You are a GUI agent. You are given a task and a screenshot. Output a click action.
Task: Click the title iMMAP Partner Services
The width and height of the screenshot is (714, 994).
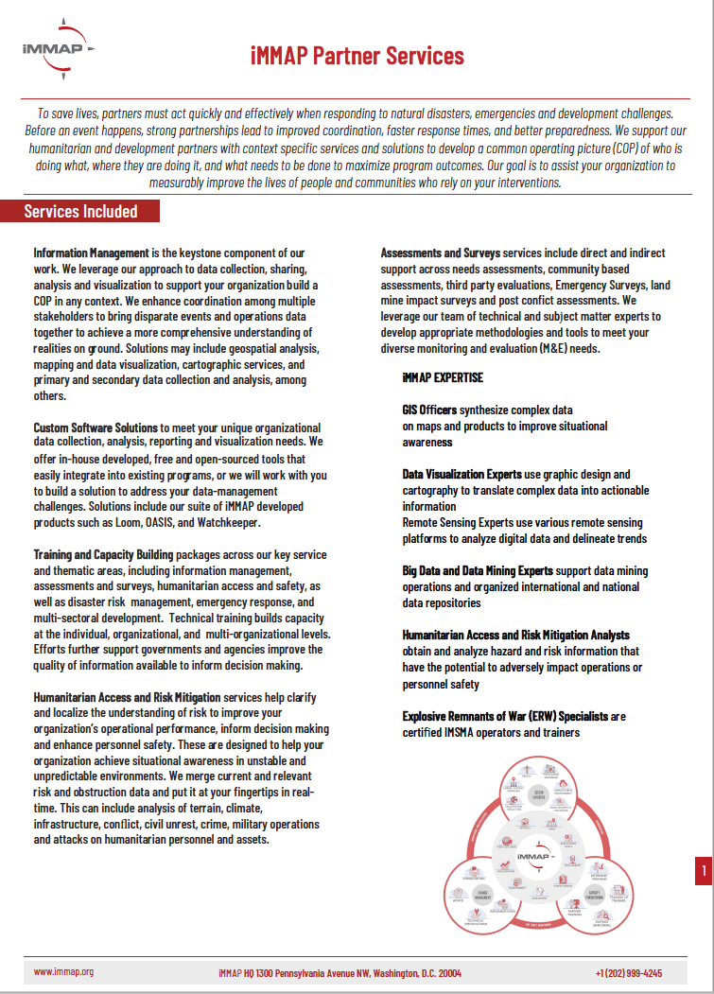pyautogui.click(x=357, y=56)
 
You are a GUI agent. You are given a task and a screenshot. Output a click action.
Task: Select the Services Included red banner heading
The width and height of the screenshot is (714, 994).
pyautogui.click(x=81, y=211)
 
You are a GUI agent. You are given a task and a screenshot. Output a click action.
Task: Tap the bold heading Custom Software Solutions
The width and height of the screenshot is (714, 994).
pyautogui.click(x=96, y=428)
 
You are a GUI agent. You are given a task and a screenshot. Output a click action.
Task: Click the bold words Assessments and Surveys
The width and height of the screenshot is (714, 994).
pyautogui.click(x=441, y=253)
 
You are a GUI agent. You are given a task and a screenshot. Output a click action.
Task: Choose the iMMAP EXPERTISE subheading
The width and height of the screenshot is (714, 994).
pyautogui.click(x=443, y=377)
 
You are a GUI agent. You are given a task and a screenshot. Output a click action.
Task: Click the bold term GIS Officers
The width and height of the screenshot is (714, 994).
pyautogui.click(x=429, y=410)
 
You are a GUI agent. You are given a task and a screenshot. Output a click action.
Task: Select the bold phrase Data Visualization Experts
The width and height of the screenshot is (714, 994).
pyautogui.click(x=463, y=474)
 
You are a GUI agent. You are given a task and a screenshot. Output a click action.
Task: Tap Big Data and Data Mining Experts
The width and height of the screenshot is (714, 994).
pyautogui.click(x=478, y=570)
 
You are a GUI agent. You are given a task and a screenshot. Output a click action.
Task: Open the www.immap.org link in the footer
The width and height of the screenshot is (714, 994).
pyautogui.click(x=63, y=971)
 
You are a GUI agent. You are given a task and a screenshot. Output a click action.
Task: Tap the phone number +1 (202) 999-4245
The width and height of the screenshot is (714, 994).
pyautogui.click(x=628, y=972)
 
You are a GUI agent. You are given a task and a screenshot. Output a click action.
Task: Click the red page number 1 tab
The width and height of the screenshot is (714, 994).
pyautogui.click(x=703, y=870)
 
